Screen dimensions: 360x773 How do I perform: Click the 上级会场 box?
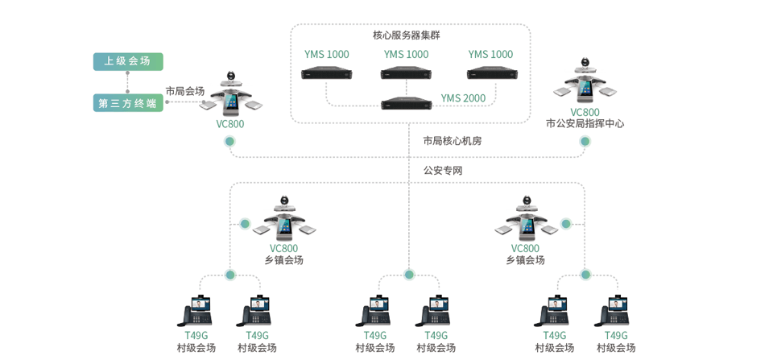coord(127,61)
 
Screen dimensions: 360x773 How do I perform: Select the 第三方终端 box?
coord(127,103)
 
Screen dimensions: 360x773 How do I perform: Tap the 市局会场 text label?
coord(184,91)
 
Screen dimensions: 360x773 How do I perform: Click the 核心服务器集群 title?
coord(407,35)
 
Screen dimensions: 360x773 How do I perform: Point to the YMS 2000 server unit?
coord(407,102)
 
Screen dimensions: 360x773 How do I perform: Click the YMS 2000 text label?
coord(462,98)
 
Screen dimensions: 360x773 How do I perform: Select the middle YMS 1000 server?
coord(407,74)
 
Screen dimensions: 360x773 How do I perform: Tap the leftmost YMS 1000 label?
coord(327,55)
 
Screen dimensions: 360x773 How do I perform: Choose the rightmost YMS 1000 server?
coord(490,74)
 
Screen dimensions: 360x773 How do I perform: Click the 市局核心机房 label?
coord(453,141)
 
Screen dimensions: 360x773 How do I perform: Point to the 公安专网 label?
coord(443,171)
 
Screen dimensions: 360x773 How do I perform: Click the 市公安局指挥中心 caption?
coord(585,124)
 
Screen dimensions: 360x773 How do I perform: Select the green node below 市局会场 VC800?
coord(229,142)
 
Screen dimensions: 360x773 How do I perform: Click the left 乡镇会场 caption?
coord(283,260)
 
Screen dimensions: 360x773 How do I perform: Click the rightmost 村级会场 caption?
coord(616,348)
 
